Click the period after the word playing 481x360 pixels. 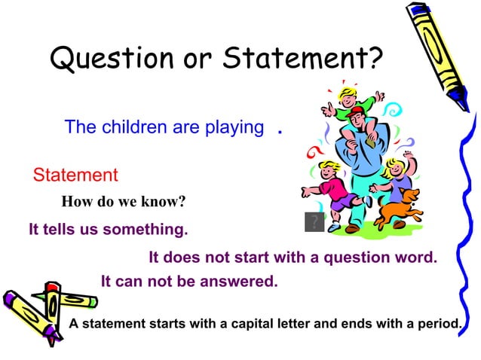tap(280, 130)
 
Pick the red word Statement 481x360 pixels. tap(75, 175)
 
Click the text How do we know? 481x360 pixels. tap(123, 202)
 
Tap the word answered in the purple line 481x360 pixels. tap(240, 282)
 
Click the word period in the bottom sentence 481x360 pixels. tap(439, 325)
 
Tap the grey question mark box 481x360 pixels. tap(314, 222)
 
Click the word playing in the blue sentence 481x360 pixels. tap(234, 127)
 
